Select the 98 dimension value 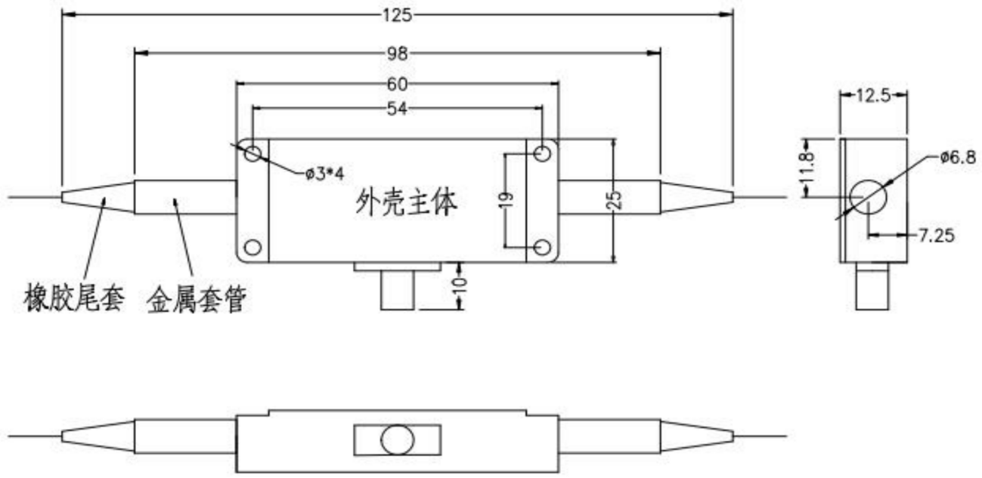(x=398, y=53)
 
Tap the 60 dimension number (x=398, y=84)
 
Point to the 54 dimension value (x=398, y=109)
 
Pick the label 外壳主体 (x=406, y=202)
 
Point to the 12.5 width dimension (x=875, y=94)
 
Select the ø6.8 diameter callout (x=957, y=157)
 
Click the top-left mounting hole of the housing (x=252, y=153)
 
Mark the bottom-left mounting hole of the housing (x=252, y=247)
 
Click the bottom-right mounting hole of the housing (x=541, y=247)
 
